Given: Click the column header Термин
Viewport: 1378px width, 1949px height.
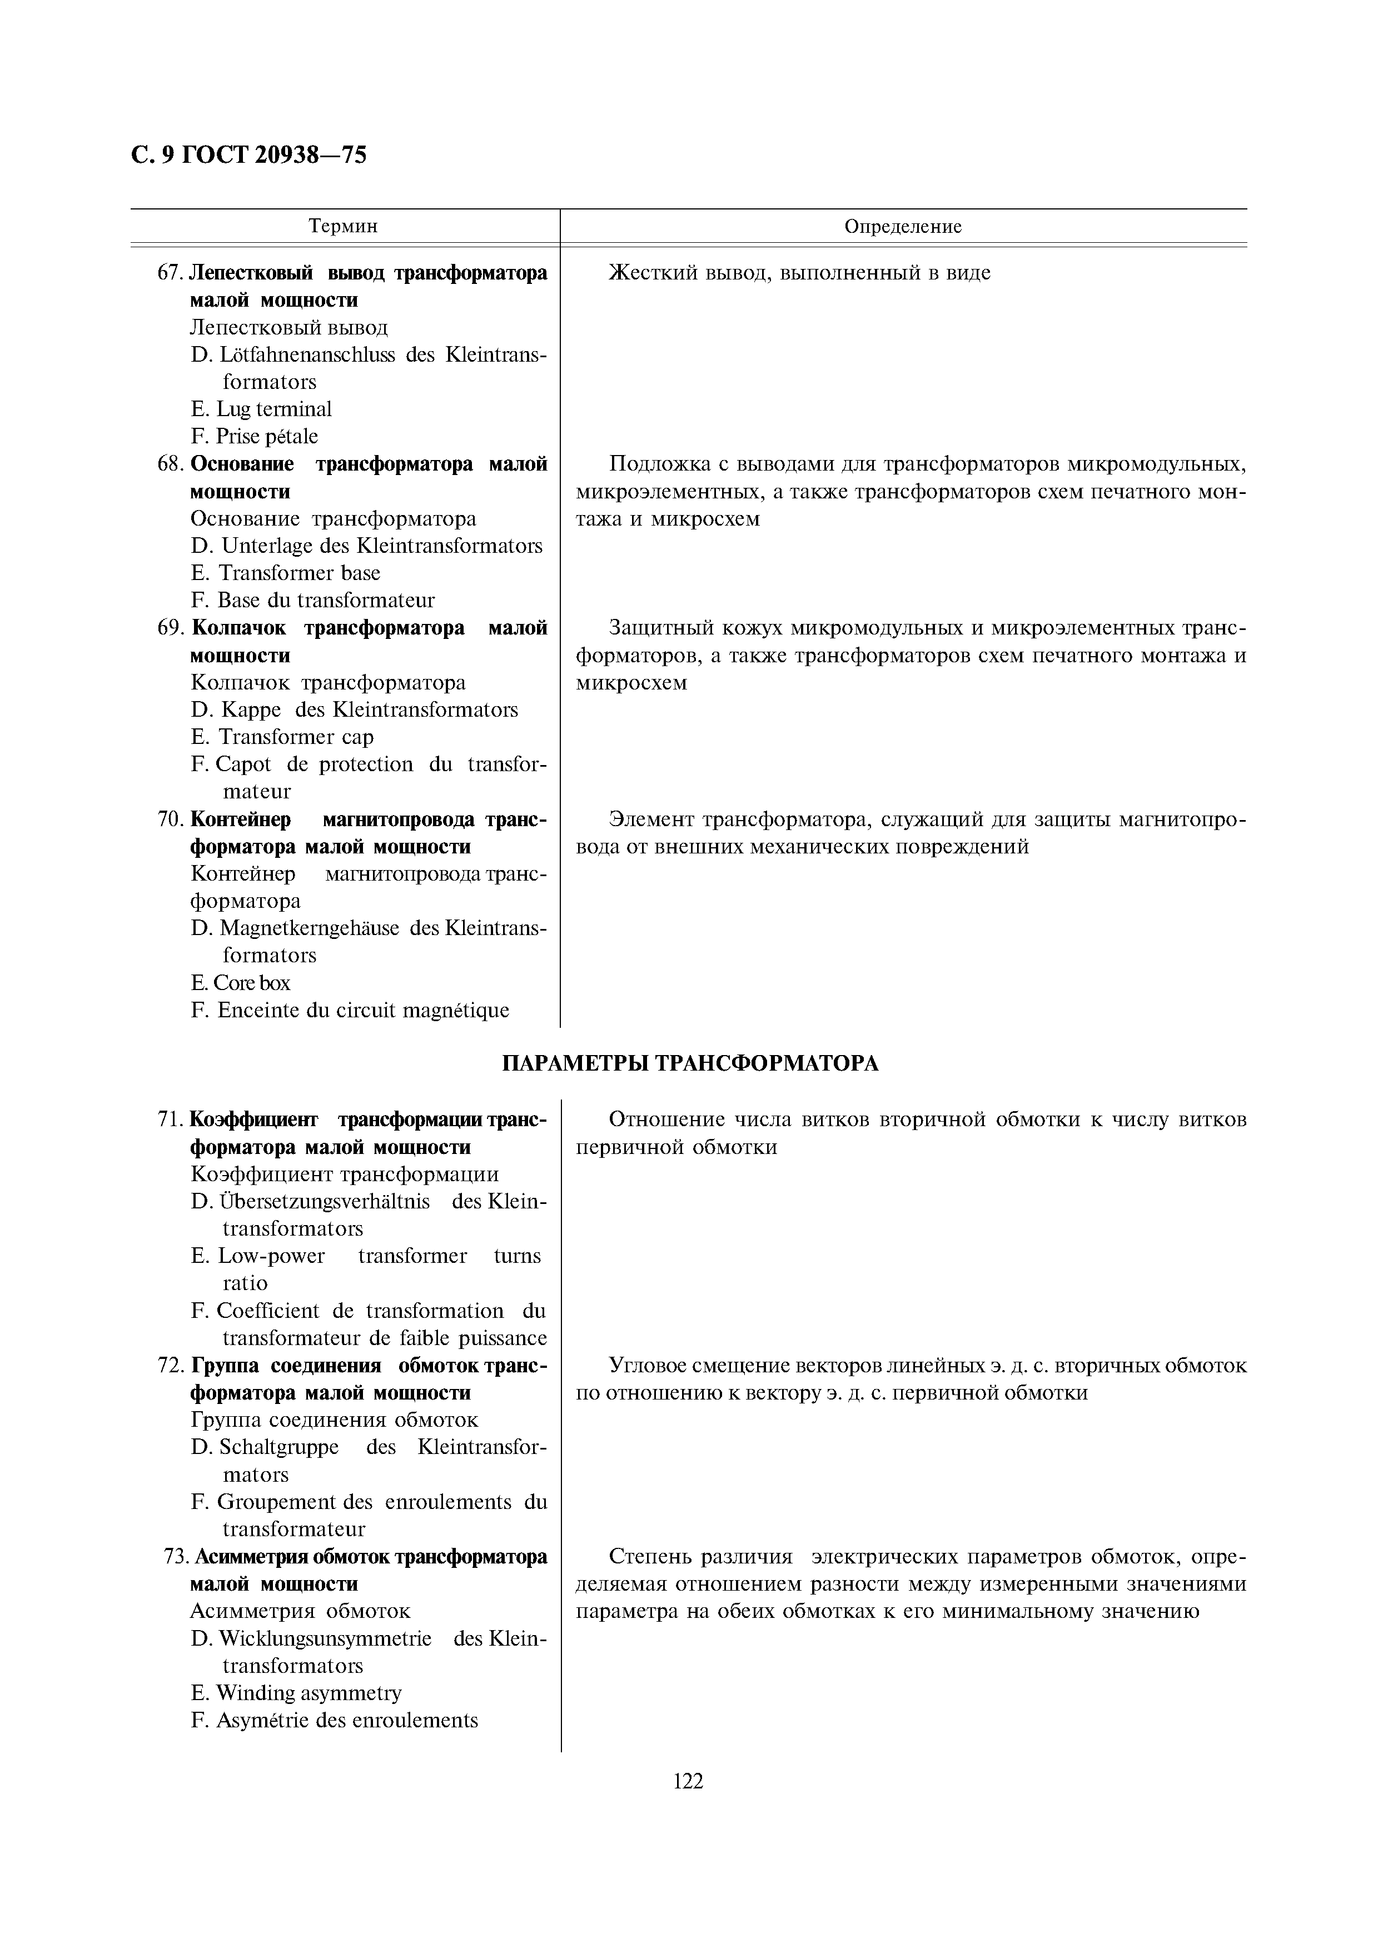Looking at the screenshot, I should pyautogui.click(x=343, y=227).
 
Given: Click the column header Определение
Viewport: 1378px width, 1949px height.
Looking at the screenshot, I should pyautogui.click(x=903, y=227).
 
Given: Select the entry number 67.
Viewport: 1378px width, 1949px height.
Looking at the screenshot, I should pyautogui.click(x=170, y=273).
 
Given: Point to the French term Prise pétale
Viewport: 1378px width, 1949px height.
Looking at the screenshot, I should pyautogui.click(x=267, y=436).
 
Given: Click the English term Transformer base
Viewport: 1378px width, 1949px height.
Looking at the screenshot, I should pyautogui.click(x=299, y=573).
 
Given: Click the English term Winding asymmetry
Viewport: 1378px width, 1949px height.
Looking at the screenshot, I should pyautogui.click(x=308, y=1693).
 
